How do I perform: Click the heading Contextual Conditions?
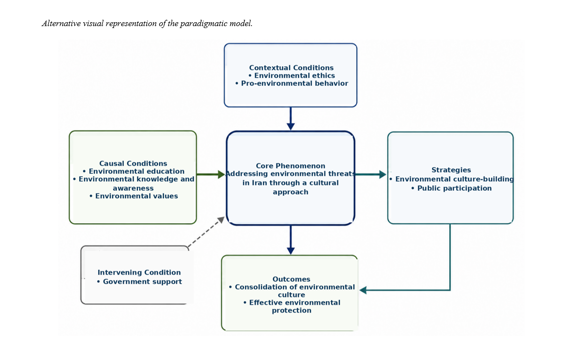(x=291, y=68)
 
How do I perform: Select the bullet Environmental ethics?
(x=292, y=75)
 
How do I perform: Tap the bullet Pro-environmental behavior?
(x=292, y=84)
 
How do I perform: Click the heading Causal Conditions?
(x=133, y=163)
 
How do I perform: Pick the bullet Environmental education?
(x=133, y=172)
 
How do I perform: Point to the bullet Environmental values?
(x=133, y=196)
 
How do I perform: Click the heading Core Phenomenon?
(x=291, y=166)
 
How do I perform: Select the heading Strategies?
(x=451, y=170)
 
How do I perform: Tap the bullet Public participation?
(x=451, y=188)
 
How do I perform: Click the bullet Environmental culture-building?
(x=451, y=179)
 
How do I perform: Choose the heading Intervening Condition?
(x=139, y=273)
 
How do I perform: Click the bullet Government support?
(x=139, y=282)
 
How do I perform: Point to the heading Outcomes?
(x=291, y=279)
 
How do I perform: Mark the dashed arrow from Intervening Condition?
(x=206, y=231)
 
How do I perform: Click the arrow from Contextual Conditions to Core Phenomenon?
(x=291, y=118)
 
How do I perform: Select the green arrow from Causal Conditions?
(x=211, y=174)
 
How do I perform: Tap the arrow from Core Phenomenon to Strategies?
(x=371, y=174)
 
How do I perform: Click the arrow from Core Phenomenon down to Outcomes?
(x=291, y=240)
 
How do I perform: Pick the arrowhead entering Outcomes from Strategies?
(x=363, y=290)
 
